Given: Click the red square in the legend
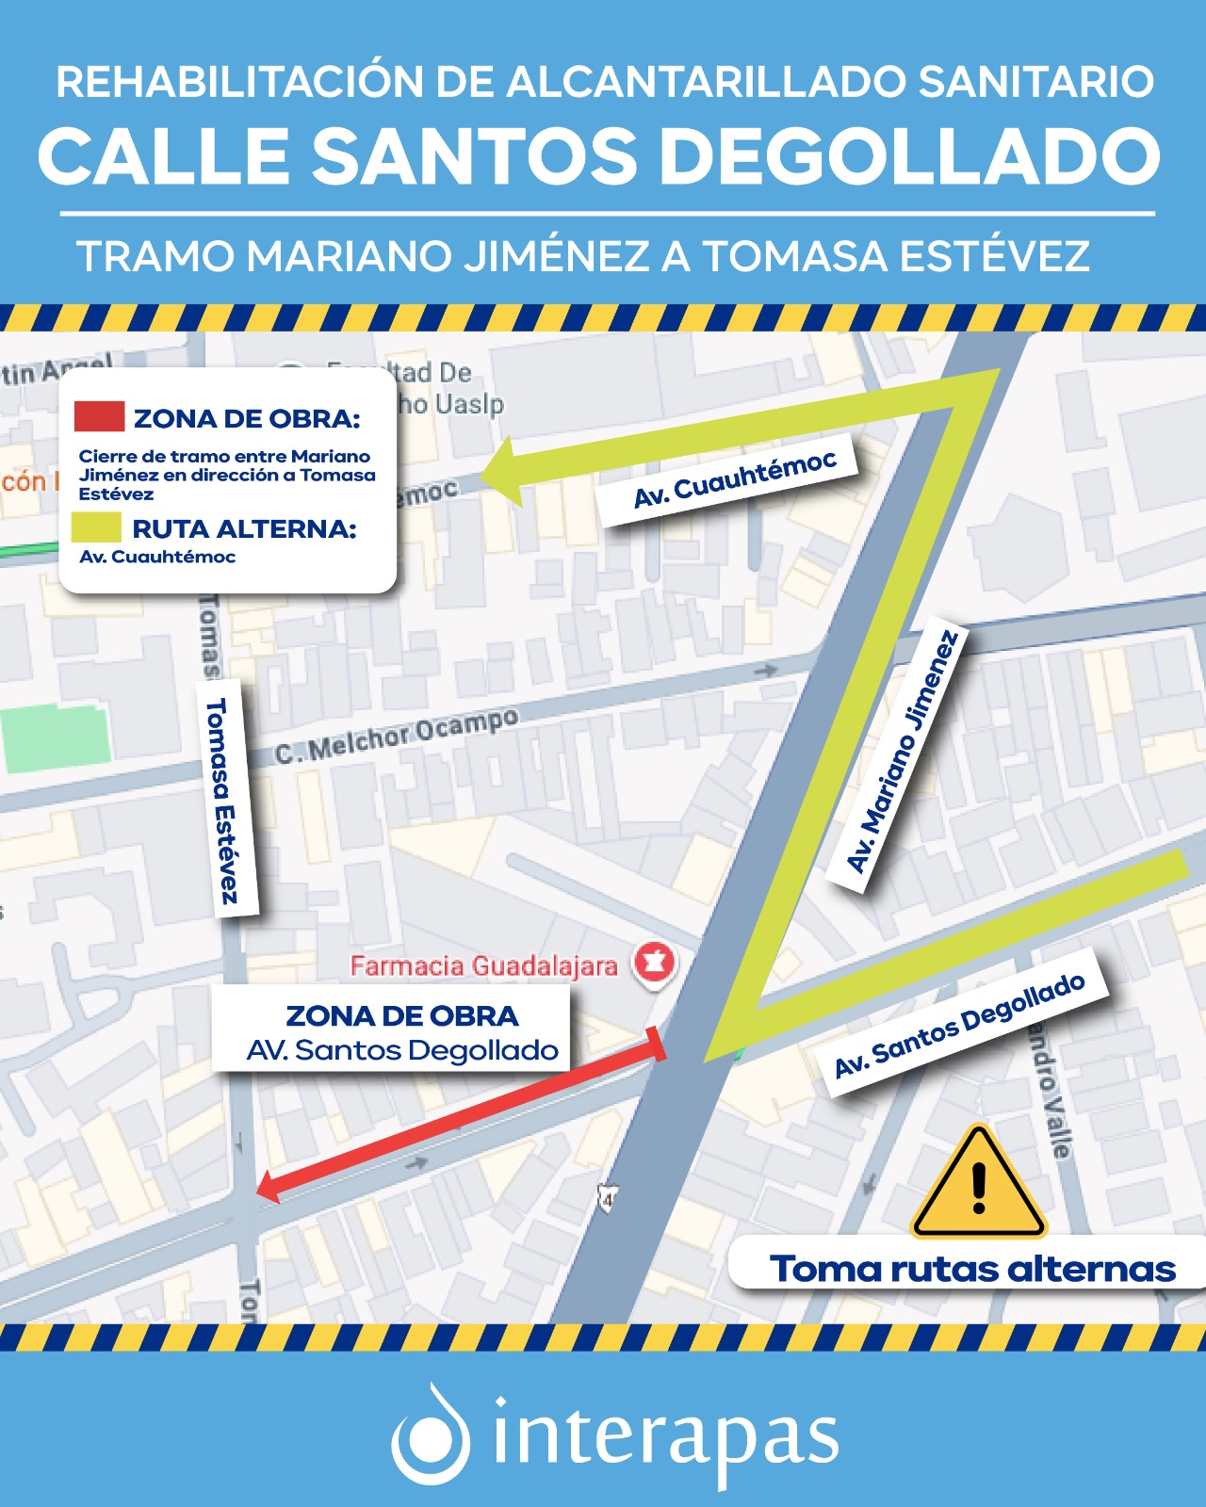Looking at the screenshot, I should point(99,416).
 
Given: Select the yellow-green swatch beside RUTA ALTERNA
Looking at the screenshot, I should point(96,527).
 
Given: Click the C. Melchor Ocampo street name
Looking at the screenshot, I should point(396,736).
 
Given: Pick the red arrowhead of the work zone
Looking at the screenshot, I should point(268,1187).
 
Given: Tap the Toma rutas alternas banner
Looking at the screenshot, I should point(970,1269).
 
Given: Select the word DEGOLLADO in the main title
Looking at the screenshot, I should point(910,156).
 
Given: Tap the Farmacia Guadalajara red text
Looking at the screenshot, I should point(483,965).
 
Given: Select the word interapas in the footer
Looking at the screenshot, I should point(665,1438).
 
